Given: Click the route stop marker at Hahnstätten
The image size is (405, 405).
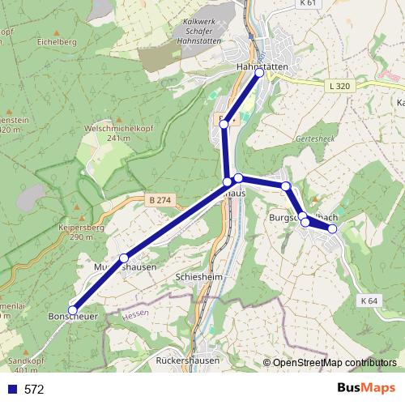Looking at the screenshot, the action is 260,73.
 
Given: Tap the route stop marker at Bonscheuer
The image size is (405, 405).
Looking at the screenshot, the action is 72,310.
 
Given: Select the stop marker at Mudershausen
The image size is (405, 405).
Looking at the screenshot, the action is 124,258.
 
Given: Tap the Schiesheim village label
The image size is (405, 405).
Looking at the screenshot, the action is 200,276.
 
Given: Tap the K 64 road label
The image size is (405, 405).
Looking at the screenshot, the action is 369,301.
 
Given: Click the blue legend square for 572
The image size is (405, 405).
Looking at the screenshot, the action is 11,389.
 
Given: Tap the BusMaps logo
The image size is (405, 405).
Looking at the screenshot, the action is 367,389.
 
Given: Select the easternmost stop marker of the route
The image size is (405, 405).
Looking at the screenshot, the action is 332,228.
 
